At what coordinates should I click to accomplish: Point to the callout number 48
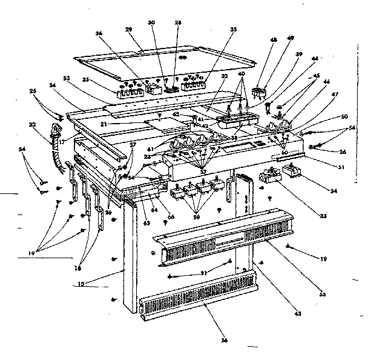pos(273,41)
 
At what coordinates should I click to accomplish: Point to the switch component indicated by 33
pos(268,178)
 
